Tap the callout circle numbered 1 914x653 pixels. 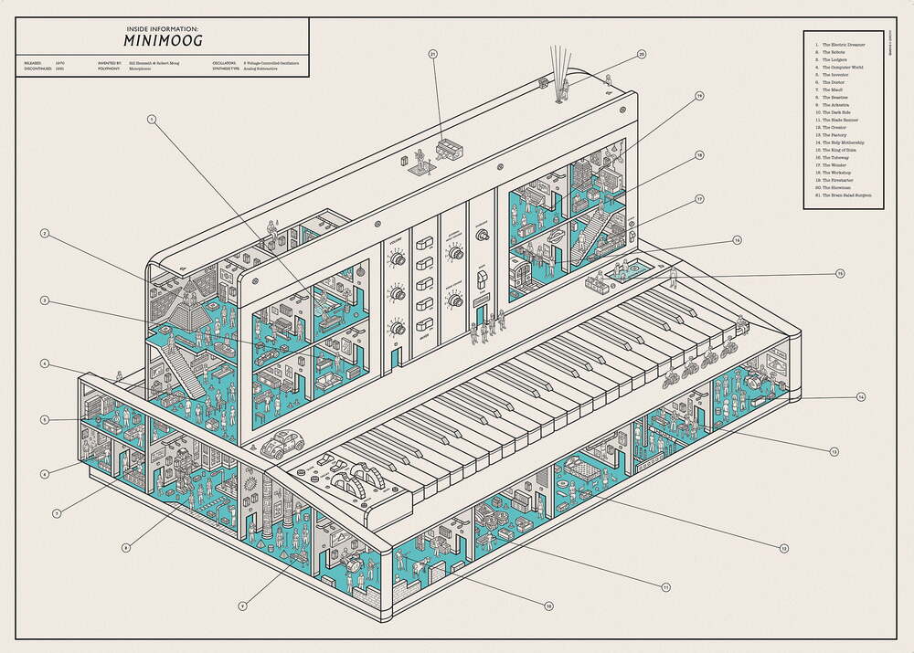(x=152, y=120)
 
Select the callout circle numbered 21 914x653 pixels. (x=433, y=55)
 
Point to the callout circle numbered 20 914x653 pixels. (x=642, y=55)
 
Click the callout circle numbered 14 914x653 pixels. (x=860, y=397)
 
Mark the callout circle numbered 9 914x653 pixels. (x=242, y=605)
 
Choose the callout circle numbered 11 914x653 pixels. (x=666, y=587)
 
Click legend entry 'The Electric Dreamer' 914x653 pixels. (x=844, y=44)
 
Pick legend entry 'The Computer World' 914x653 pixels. (x=844, y=67)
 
